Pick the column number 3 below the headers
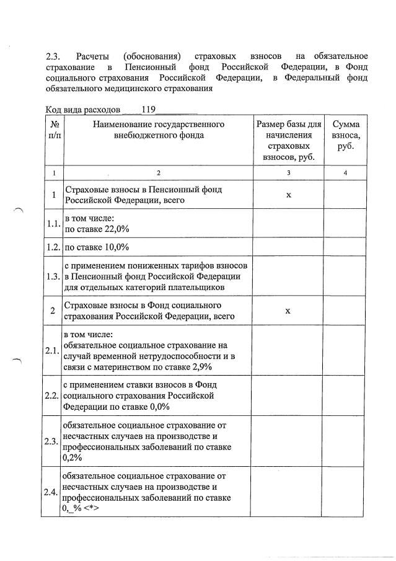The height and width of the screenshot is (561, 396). [x=288, y=173]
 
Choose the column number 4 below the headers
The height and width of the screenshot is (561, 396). [x=345, y=173]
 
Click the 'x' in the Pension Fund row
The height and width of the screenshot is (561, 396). [x=288, y=195]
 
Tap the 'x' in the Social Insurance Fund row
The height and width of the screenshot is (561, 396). [x=288, y=311]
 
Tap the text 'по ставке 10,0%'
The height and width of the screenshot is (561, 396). [x=97, y=247]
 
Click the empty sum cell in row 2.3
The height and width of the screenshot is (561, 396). [x=345, y=441]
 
